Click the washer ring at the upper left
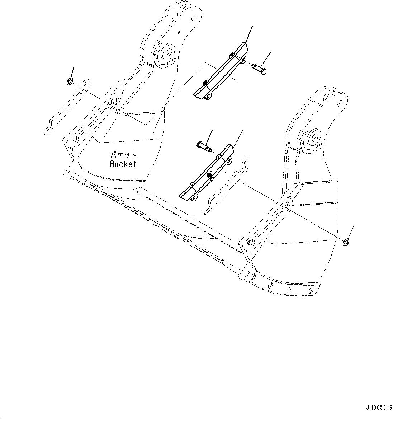70,82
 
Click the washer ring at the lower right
346,242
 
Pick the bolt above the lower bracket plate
204,146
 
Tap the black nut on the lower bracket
209,175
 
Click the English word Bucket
123,164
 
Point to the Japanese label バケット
123,155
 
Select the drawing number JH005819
379,408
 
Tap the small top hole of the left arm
194,17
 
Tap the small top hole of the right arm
340,103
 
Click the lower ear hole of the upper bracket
207,96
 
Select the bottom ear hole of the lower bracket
194,198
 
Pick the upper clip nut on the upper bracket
232,55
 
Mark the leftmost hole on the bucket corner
253,276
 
